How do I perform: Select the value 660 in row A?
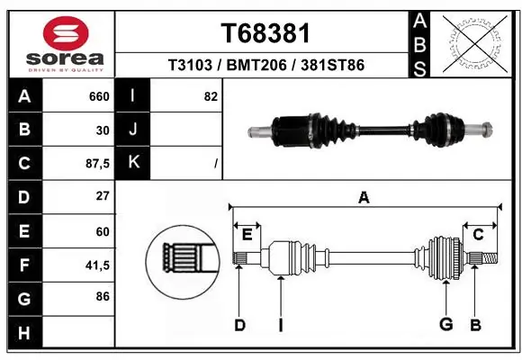(99, 96)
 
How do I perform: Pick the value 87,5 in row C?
(96, 163)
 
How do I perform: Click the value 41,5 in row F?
(96, 265)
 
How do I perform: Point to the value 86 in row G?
(103, 297)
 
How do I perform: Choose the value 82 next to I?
(211, 96)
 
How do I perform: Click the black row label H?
(24, 332)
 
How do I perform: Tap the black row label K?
(133, 163)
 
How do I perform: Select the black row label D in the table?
(24, 196)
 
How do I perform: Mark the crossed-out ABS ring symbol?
(476, 41)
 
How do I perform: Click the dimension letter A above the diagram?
(364, 197)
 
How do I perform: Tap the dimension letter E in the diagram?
(247, 235)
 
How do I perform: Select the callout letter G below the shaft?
(444, 325)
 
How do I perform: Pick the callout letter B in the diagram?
(476, 325)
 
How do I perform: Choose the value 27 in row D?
(103, 196)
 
